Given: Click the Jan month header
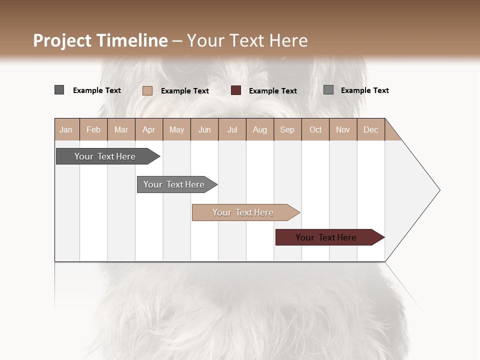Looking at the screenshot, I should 66,129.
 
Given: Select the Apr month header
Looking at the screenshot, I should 148,129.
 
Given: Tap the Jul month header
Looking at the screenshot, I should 232,129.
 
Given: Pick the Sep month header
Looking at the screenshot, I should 287,129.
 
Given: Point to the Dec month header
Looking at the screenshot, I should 370,129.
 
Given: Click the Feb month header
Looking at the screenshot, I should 93,129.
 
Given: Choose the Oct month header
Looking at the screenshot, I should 315,129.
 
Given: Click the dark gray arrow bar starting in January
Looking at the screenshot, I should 105,156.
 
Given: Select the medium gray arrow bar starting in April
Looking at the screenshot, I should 174,184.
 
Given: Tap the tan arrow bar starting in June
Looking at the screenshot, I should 243,212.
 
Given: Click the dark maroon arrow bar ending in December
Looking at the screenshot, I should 326,237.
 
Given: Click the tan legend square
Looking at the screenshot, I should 147,90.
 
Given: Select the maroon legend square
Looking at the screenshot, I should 236,90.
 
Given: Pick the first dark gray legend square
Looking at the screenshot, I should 59,90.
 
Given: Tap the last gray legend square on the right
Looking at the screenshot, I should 328,90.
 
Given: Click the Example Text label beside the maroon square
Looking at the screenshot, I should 273,91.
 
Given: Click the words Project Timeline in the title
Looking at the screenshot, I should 100,40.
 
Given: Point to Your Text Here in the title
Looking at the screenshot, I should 247,40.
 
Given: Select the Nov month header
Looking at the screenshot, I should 343,129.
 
